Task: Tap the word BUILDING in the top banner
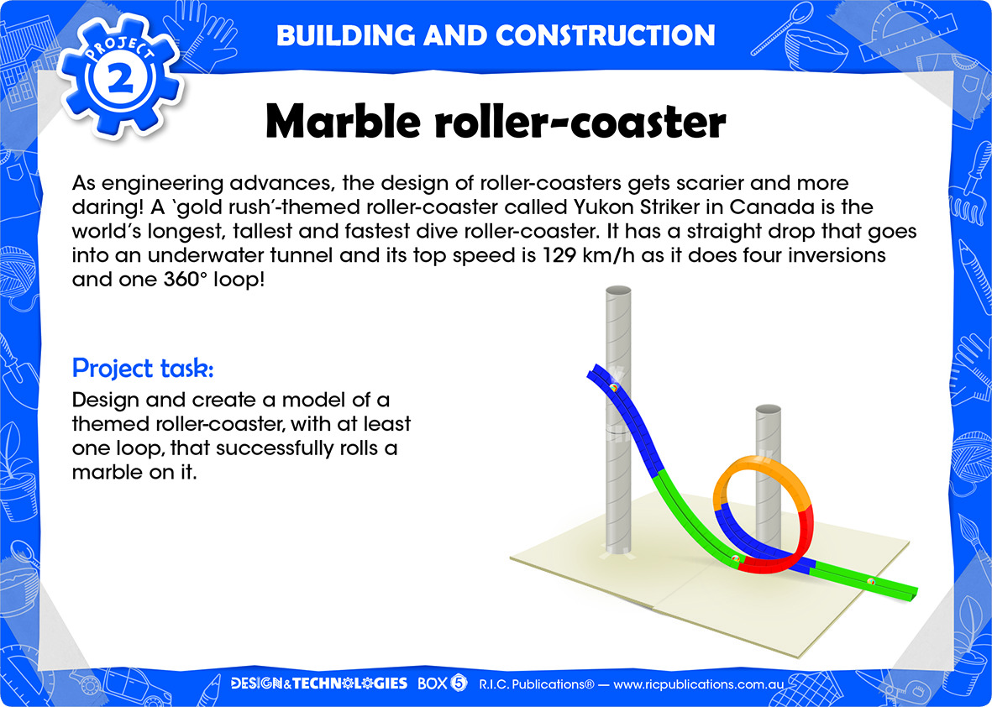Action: click(344, 35)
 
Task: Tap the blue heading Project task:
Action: click(143, 368)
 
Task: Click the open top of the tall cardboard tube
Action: click(618, 291)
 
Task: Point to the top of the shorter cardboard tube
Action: click(768, 409)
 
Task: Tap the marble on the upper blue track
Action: click(613, 388)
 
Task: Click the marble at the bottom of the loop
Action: click(735, 558)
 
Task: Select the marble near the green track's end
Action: click(870, 581)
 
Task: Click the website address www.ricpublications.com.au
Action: click(699, 684)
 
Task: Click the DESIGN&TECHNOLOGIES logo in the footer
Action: click(319, 683)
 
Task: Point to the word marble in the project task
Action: click(111, 472)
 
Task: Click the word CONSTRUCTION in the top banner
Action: click(606, 35)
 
